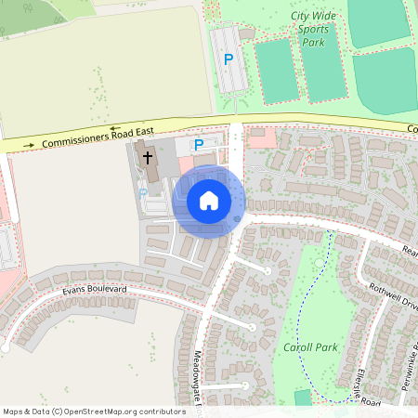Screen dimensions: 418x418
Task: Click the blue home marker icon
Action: (209, 201)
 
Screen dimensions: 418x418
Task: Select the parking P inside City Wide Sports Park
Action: (229, 59)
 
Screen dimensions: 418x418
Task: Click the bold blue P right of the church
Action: (198, 145)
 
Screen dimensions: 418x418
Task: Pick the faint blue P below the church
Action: (143, 193)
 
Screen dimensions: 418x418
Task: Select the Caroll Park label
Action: (308, 347)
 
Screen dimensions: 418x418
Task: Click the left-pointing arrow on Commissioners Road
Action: (115, 128)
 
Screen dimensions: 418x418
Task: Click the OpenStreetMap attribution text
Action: (94, 411)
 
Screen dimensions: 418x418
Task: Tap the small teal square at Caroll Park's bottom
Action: (303, 398)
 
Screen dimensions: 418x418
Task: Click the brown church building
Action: (150, 163)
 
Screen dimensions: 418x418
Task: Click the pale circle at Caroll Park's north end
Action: (320, 266)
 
